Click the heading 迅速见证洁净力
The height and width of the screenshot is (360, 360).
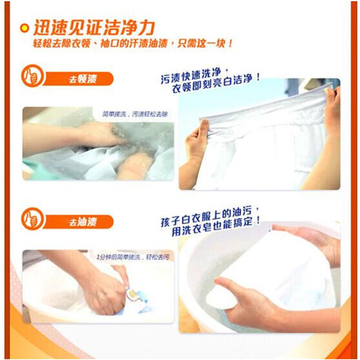[x=94, y=27]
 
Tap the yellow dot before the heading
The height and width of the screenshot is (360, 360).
[x=25, y=28]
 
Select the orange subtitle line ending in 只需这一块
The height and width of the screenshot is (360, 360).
[x=133, y=43]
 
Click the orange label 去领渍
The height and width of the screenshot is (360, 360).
[x=83, y=79]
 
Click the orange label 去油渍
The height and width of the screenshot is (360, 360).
[x=83, y=222]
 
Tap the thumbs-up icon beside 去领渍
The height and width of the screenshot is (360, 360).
[x=32, y=76]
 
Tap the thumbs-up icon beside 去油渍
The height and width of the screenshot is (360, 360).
[x=32, y=219]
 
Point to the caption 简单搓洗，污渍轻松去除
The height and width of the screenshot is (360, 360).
[x=135, y=114]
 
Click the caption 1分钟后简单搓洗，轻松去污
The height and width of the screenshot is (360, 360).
[x=133, y=257]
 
